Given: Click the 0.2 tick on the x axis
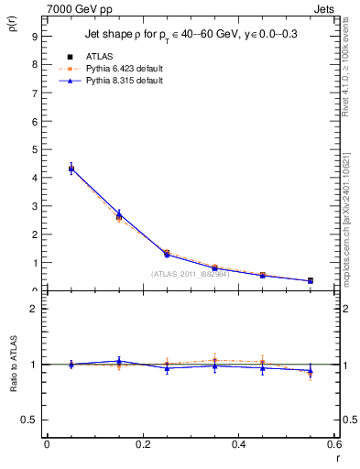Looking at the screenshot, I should [x=142, y=444].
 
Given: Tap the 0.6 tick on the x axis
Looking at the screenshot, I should [x=333, y=444].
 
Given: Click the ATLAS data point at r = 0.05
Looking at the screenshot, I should [x=71, y=169].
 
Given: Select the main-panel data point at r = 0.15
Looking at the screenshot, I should [x=119, y=216].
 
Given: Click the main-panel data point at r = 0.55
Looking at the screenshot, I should [x=311, y=280].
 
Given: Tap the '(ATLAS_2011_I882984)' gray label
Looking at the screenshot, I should [x=190, y=273].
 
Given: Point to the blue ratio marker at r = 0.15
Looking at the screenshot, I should [x=119, y=361].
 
